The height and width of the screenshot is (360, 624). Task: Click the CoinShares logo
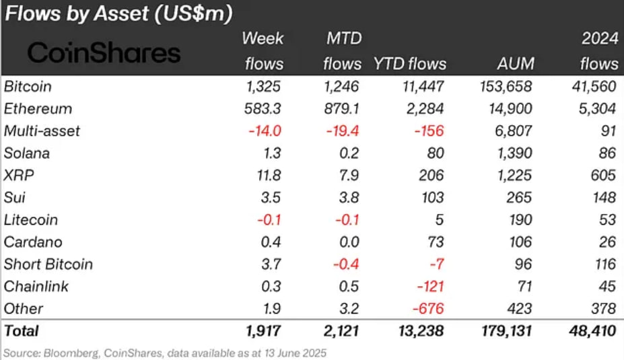(104, 52)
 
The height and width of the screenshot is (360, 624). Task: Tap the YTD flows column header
(409, 64)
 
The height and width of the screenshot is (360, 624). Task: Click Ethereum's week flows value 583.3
(263, 109)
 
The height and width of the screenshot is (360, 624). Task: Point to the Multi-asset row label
(42, 131)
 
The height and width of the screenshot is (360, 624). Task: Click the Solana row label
(26, 153)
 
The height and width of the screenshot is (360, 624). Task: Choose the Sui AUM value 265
(520, 198)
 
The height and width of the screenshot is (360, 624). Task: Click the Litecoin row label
(32, 220)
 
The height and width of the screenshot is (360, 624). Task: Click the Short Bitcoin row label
(48, 264)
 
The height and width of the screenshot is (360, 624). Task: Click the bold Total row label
(22, 331)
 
